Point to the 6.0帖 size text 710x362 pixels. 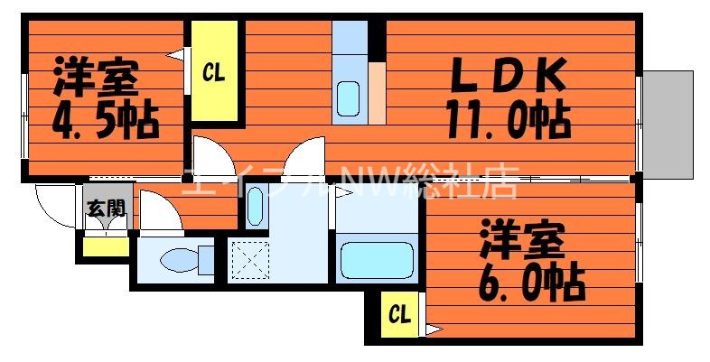click(x=532, y=282)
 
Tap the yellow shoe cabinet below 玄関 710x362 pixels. click(x=105, y=243)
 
